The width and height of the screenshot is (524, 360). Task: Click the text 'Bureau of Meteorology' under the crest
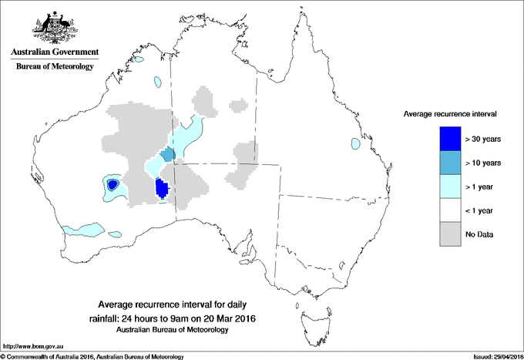(x=54, y=67)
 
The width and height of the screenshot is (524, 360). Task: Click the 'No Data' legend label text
(x=479, y=234)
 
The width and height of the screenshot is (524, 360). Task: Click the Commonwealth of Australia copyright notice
(x=92, y=356)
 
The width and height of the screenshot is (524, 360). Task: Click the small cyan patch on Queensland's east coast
(x=355, y=143)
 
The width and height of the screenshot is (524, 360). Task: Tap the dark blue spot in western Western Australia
(x=113, y=185)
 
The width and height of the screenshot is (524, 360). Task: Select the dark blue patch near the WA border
(x=162, y=189)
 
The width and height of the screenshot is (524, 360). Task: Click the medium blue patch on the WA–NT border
(x=169, y=156)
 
